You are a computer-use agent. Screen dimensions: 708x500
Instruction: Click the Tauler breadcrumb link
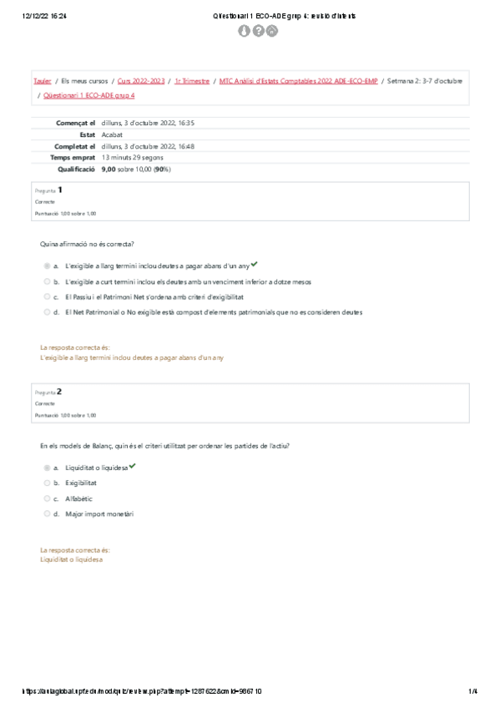pos(42,81)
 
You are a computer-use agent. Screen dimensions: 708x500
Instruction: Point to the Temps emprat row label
pos(73,157)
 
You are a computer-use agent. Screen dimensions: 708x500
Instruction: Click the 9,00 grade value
pos(109,169)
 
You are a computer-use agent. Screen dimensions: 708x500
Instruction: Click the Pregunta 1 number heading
pos(60,190)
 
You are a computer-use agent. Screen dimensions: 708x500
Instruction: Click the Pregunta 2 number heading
pos(60,391)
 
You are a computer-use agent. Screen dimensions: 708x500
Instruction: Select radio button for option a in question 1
pos(47,266)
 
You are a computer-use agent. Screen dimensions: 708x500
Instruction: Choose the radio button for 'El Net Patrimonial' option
pos(47,312)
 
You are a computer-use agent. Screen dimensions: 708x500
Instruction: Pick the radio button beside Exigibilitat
pos(47,483)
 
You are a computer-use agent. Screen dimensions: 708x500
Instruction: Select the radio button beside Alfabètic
pos(47,498)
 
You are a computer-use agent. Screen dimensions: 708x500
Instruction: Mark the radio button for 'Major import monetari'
pos(47,513)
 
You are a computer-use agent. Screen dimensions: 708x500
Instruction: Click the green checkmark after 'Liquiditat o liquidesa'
pos(132,466)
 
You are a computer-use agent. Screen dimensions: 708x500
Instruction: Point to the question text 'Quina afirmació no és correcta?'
pos(87,244)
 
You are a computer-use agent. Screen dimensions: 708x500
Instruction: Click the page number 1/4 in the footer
pos(472,691)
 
